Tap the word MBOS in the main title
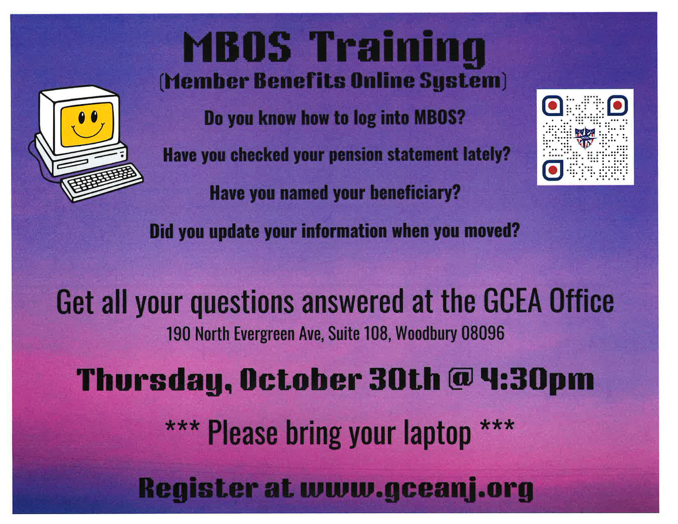(x=237, y=47)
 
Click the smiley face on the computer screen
(x=87, y=124)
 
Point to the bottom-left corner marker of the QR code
(x=553, y=170)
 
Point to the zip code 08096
(x=483, y=333)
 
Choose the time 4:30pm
(x=537, y=380)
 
